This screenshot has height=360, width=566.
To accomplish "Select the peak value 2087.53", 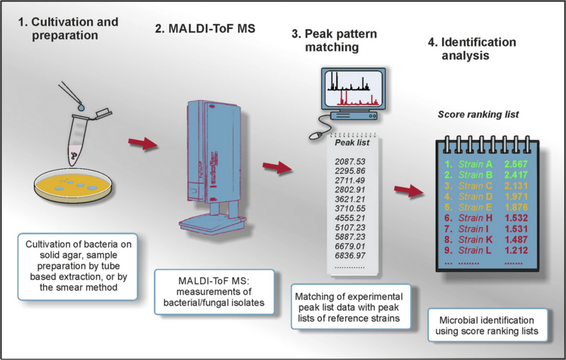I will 350,162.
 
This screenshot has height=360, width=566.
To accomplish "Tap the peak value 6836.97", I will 350,254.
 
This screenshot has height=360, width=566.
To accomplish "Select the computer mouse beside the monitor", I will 318,131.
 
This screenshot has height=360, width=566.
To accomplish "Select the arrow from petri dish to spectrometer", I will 141,145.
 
